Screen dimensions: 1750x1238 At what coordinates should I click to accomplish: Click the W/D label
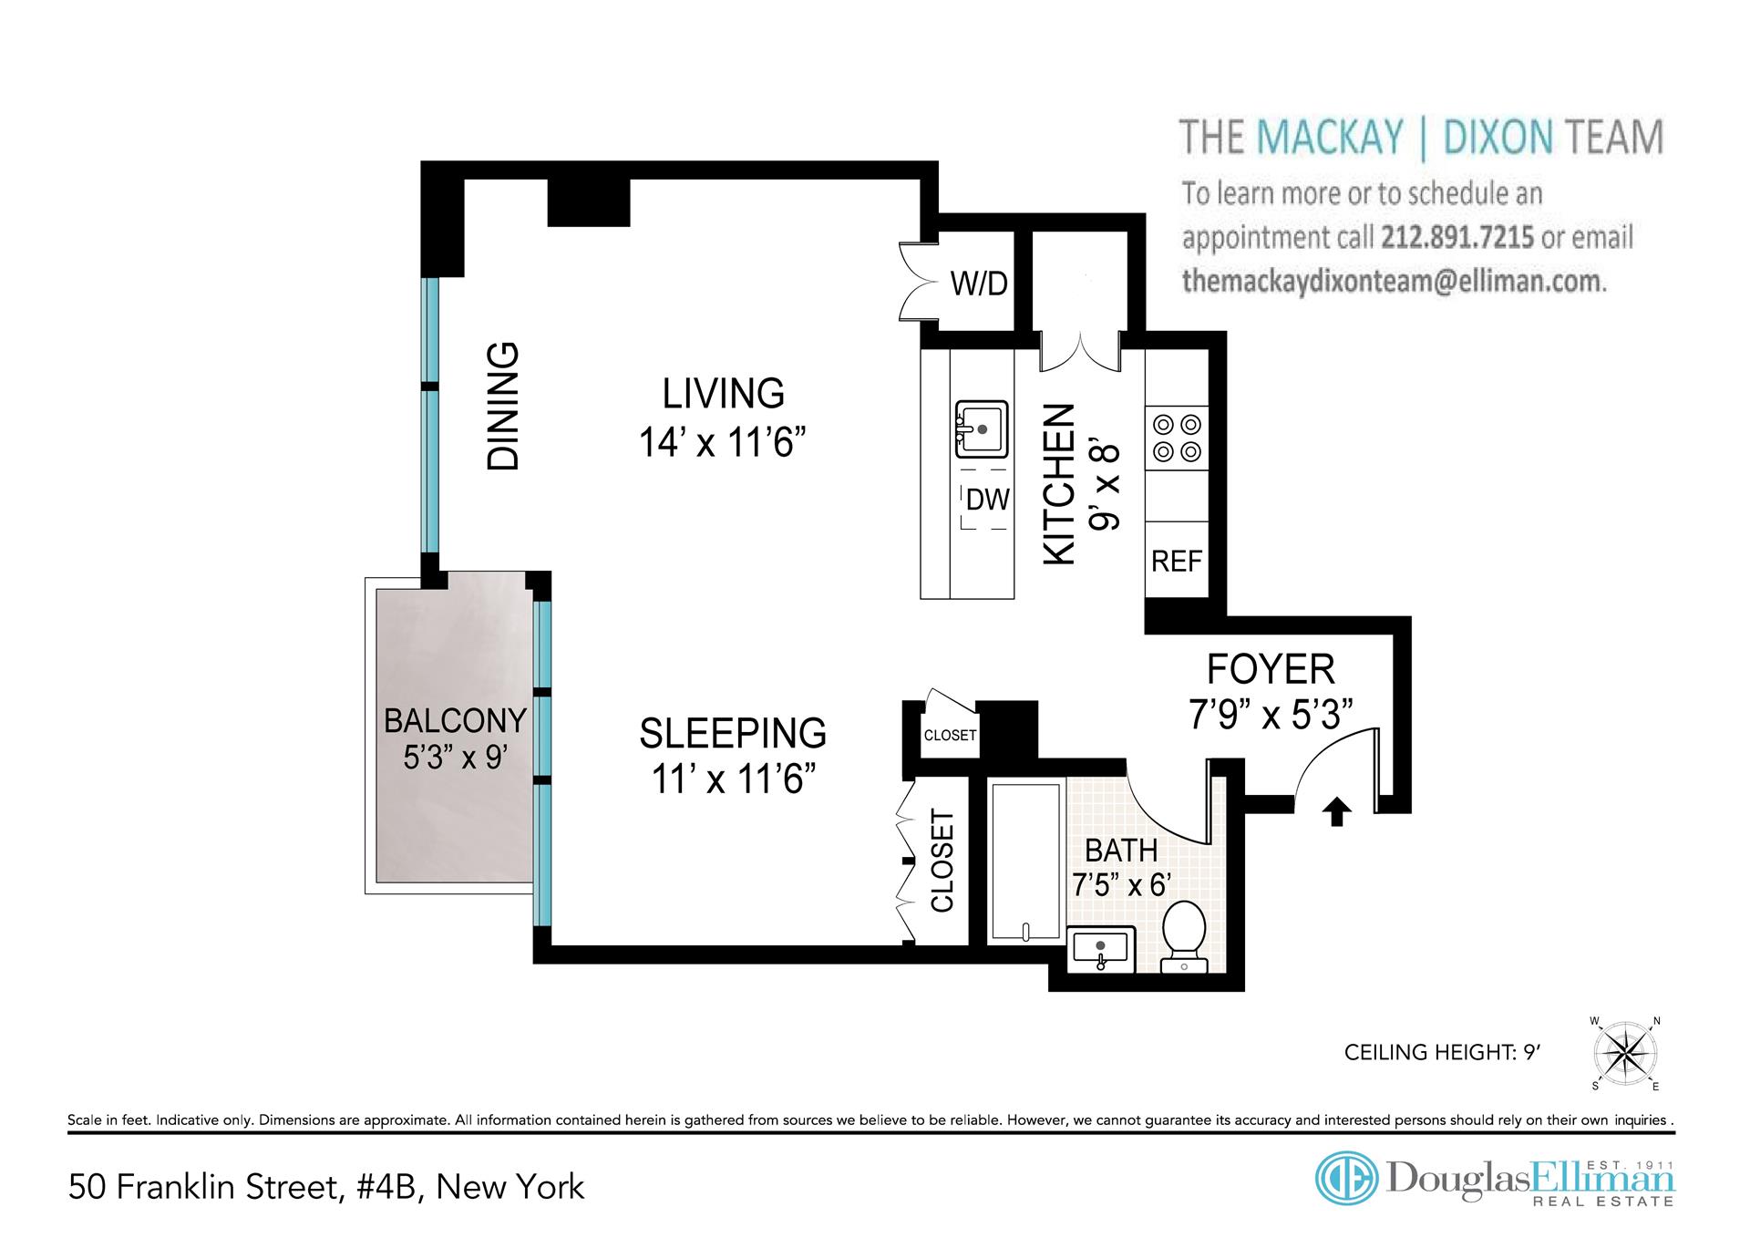pos(979,284)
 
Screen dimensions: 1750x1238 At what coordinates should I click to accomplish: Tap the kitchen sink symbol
pos(981,428)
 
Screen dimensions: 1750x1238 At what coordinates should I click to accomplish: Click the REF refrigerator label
pos(1177,561)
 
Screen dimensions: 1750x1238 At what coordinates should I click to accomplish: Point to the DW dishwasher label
pos(988,499)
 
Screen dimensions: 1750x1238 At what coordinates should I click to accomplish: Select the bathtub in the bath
pos(1027,861)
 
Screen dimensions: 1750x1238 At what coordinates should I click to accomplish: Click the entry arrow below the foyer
pos(1336,811)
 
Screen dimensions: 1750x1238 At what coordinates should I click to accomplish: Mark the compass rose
pos(1625,1053)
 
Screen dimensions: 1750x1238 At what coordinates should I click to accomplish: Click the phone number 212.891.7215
pos(1457,237)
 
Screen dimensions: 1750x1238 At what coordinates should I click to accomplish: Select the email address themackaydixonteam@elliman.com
pos(1394,281)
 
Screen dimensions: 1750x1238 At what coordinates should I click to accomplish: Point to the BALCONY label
pos(455,720)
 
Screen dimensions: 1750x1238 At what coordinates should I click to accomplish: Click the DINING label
pos(503,406)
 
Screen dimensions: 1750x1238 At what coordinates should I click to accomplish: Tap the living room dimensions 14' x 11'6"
pos(723,443)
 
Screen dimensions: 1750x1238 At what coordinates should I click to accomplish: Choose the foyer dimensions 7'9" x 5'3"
pos(1271,715)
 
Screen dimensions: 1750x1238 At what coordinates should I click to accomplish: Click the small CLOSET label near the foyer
pos(950,735)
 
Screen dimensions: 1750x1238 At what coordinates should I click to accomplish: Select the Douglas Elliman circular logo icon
pos(1345,1178)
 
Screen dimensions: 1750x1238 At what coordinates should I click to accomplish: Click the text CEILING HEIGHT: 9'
pos(1442,1052)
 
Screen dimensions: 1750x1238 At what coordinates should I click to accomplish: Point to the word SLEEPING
pos(733,733)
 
